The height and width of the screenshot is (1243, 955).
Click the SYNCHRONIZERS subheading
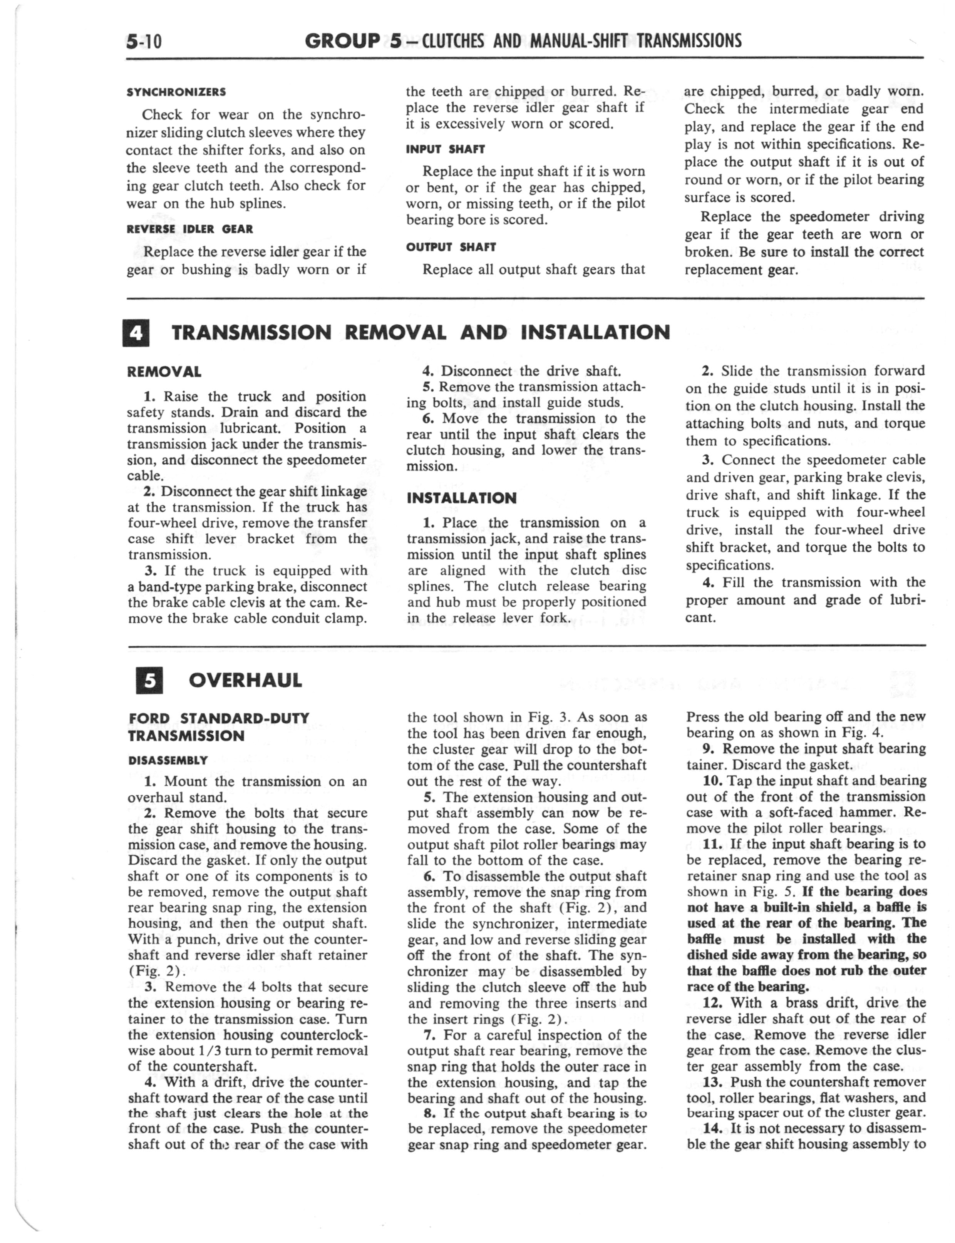tap(176, 92)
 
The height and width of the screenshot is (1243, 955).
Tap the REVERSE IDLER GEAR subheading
tap(190, 229)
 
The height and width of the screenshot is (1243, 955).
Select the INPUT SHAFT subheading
tap(445, 149)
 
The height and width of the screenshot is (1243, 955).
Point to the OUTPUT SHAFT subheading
tap(451, 247)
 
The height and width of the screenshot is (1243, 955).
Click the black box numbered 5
tap(149, 681)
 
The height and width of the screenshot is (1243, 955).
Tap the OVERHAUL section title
tap(245, 681)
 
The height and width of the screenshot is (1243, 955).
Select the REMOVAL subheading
tap(164, 372)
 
